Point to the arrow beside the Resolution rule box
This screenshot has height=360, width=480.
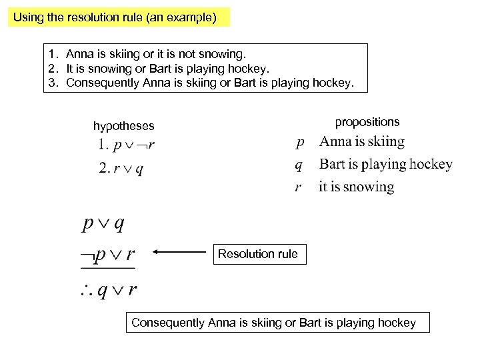pyautogui.click(x=180, y=253)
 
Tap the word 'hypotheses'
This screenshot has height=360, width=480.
pyautogui.click(x=124, y=125)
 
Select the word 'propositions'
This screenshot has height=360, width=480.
pyautogui.click(x=367, y=121)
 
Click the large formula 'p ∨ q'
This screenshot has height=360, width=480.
pyautogui.click(x=103, y=223)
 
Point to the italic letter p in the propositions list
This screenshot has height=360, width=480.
pyautogui.click(x=300, y=142)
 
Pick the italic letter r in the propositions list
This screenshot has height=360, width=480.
pyautogui.click(x=300, y=187)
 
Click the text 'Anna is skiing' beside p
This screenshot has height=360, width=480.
pyautogui.click(x=361, y=141)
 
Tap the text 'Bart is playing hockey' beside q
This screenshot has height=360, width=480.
pyautogui.click(x=385, y=164)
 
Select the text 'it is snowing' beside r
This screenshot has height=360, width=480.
pyautogui.click(x=356, y=187)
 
